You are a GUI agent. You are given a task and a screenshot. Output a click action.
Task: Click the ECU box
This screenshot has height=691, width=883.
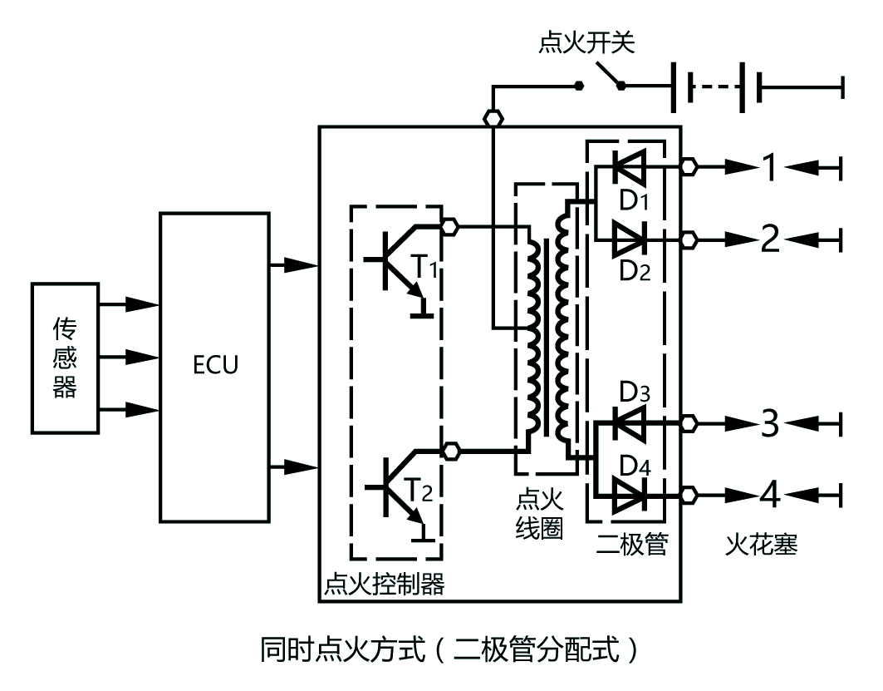pos(214,366)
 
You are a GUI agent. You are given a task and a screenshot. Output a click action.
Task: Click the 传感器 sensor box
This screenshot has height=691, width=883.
pos(64,356)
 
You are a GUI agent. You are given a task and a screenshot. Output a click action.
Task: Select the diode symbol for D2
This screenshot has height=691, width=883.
pos(629,239)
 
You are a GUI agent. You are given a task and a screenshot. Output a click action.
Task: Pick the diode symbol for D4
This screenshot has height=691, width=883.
pos(629,496)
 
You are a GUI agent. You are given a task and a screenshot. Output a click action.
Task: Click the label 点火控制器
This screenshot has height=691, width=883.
pos(383,585)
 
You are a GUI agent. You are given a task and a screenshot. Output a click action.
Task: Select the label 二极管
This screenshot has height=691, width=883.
pos(632,545)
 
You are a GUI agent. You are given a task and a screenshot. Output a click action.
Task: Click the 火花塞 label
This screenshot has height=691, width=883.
pos(761,545)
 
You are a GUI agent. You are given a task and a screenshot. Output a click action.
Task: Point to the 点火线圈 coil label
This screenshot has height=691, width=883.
pos(539,514)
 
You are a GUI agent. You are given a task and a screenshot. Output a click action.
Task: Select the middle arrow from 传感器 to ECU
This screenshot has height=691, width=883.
pos(130,357)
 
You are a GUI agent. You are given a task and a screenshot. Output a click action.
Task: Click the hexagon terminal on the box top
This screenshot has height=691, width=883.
pos(493,119)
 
